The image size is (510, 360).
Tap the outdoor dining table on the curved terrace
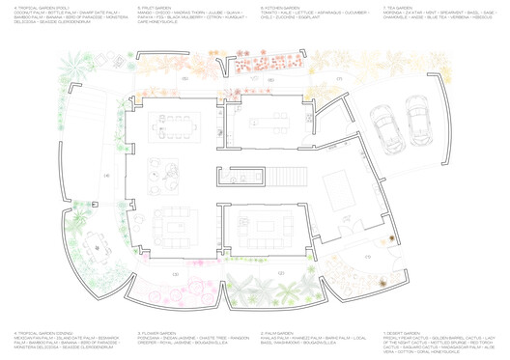pos(97,248)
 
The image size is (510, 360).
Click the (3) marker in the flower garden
pos(175,274)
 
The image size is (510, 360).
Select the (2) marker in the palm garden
pos(280,274)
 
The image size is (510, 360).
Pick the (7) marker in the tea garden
pos(339,77)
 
